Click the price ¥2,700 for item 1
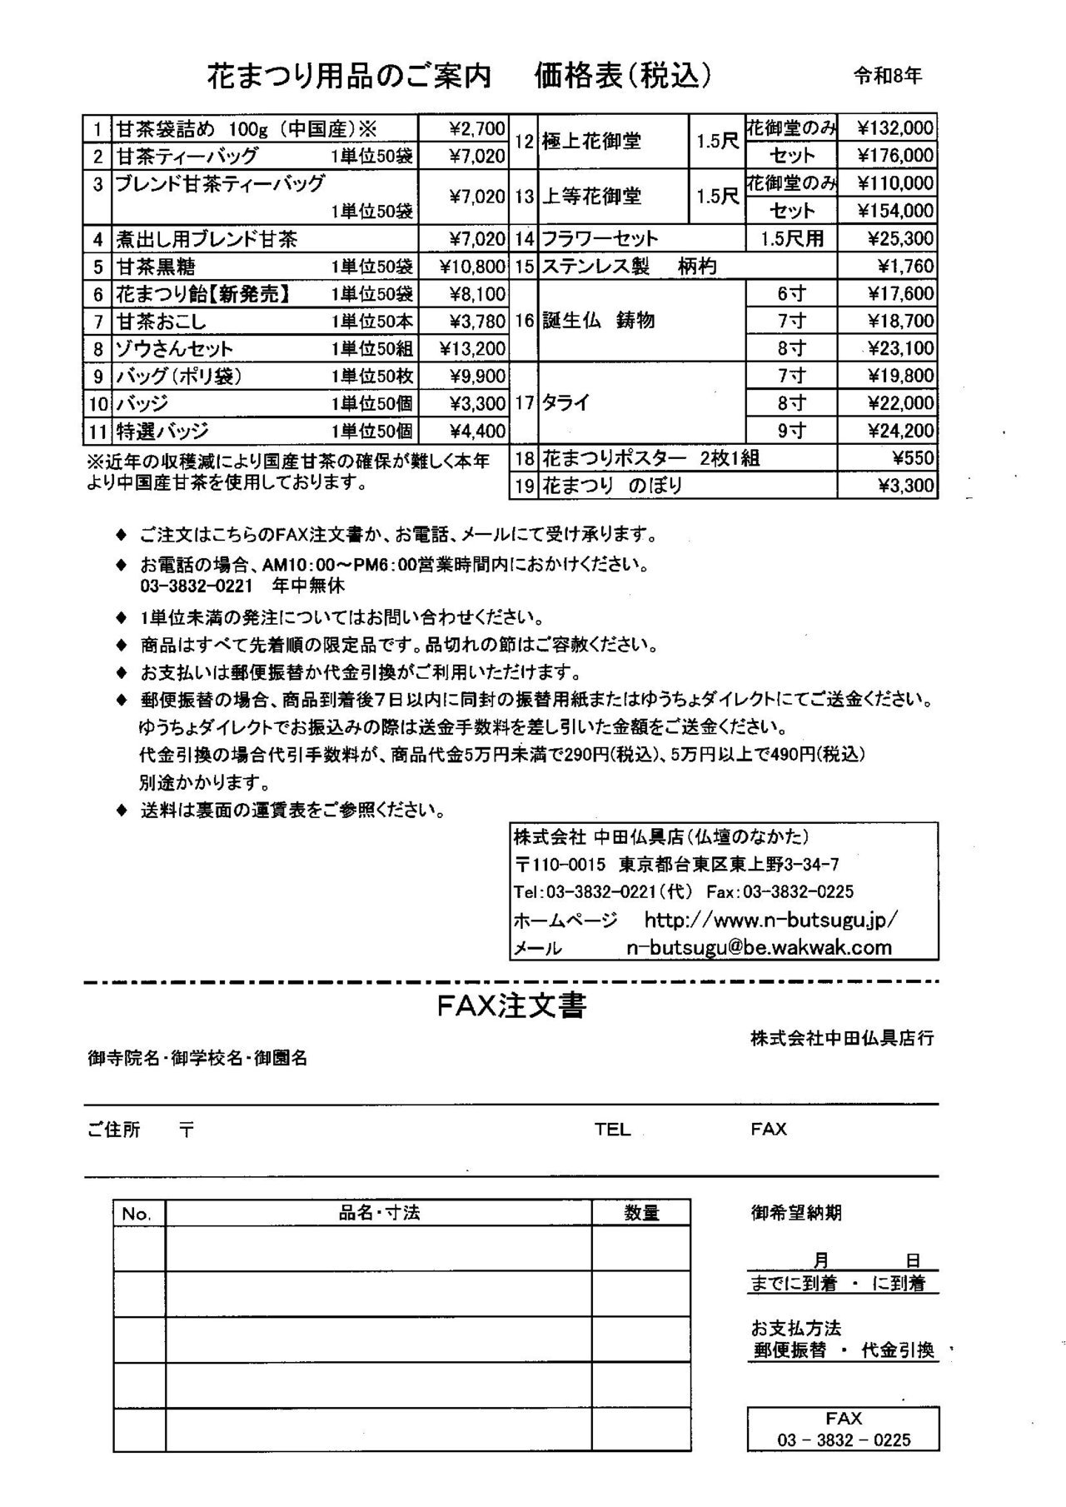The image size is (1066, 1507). point(476,128)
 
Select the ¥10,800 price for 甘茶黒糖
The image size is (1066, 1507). point(472,267)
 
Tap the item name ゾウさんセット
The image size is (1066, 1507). point(175,348)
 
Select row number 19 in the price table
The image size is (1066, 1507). point(524,486)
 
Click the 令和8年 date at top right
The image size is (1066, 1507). point(888,77)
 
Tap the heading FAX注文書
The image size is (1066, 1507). point(511,1006)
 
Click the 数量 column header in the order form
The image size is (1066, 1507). point(641,1213)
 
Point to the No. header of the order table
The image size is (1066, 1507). point(137,1214)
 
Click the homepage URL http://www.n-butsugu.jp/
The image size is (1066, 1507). point(770,921)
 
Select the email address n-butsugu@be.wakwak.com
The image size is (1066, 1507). point(759,947)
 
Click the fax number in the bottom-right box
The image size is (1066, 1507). point(844,1440)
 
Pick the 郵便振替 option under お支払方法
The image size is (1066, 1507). point(790,1350)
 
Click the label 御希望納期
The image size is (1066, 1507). point(795,1213)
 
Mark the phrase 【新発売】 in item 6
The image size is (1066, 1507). point(250,294)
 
